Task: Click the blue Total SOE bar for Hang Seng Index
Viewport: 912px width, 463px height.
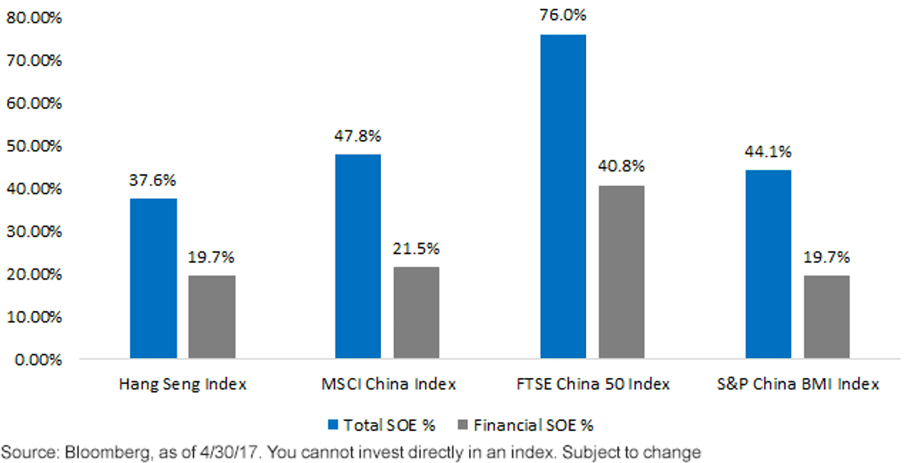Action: (x=154, y=278)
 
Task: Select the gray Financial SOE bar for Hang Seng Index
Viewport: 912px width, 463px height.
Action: (x=212, y=317)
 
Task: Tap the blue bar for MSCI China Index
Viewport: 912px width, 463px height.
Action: (x=358, y=256)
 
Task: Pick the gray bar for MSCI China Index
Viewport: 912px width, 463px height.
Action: (x=416, y=312)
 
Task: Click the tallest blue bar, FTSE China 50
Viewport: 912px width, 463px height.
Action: (x=563, y=197)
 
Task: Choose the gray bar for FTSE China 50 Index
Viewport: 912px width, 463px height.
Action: (x=622, y=272)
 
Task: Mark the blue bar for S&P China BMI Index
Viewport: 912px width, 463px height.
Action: (x=768, y=265)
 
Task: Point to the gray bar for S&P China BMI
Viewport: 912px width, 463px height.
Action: (x=827, y=317)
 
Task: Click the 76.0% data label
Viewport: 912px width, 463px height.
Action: (x=563, y=15)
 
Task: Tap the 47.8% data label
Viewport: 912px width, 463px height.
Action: (x=358, y=136)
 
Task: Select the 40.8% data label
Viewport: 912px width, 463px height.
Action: (x=622, y=166)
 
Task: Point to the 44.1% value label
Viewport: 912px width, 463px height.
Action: (x=768, y=152)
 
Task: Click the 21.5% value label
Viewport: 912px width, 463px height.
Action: (x=416, y=249)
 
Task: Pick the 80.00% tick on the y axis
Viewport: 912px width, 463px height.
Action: (x=34, y=18)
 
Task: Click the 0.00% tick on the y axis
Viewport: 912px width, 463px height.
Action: (x=38, y=360)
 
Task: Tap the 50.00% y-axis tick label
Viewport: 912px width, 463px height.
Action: (x=34, y=146)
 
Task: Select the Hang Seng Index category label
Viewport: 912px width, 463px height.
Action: (x=183, y=384)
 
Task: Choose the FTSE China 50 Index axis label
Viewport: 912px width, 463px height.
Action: (x=594, y=384)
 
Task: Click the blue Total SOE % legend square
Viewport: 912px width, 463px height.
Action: (x=333, y=425)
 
